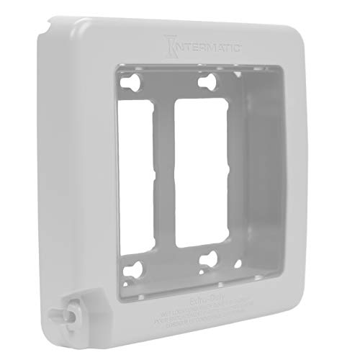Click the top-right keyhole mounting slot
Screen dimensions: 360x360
pyautogui.click(x=210, y=80)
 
